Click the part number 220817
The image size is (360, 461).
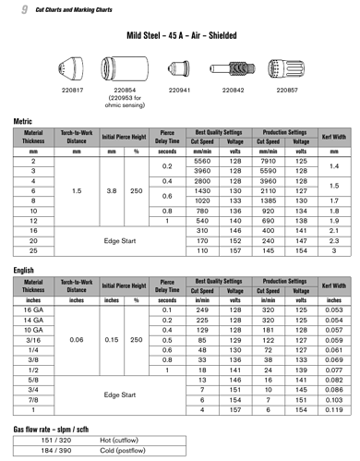point(73,91)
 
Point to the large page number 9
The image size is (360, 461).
point(20,8)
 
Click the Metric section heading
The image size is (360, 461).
point(25,121)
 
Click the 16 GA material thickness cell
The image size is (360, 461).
point(40,309)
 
